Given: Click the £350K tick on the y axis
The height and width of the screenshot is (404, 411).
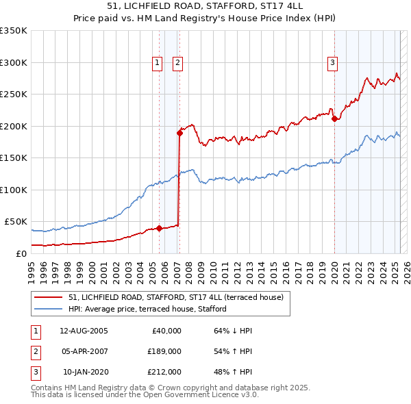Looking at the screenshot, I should click(x=14, y=31).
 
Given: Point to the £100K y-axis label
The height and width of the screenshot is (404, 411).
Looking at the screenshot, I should click(x=14, y=190).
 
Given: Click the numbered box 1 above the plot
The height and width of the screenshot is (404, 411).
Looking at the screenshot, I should click(x=158, y=63).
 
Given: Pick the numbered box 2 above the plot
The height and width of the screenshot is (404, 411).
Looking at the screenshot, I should click(x=177, y=63).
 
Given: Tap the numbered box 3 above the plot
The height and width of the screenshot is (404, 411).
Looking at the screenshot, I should click(x=332, y=63).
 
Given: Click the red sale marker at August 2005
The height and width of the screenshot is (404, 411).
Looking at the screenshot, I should click(x=159, y=228).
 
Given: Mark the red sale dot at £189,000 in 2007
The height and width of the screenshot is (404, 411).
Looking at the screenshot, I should click(x=179, y=134).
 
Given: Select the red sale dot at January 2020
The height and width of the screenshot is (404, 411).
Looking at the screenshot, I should click(x=334, y=118).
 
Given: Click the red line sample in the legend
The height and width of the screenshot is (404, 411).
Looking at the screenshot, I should click(x=48, y=297).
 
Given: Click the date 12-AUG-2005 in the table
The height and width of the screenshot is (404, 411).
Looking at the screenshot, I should click(x=84, y=330).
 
